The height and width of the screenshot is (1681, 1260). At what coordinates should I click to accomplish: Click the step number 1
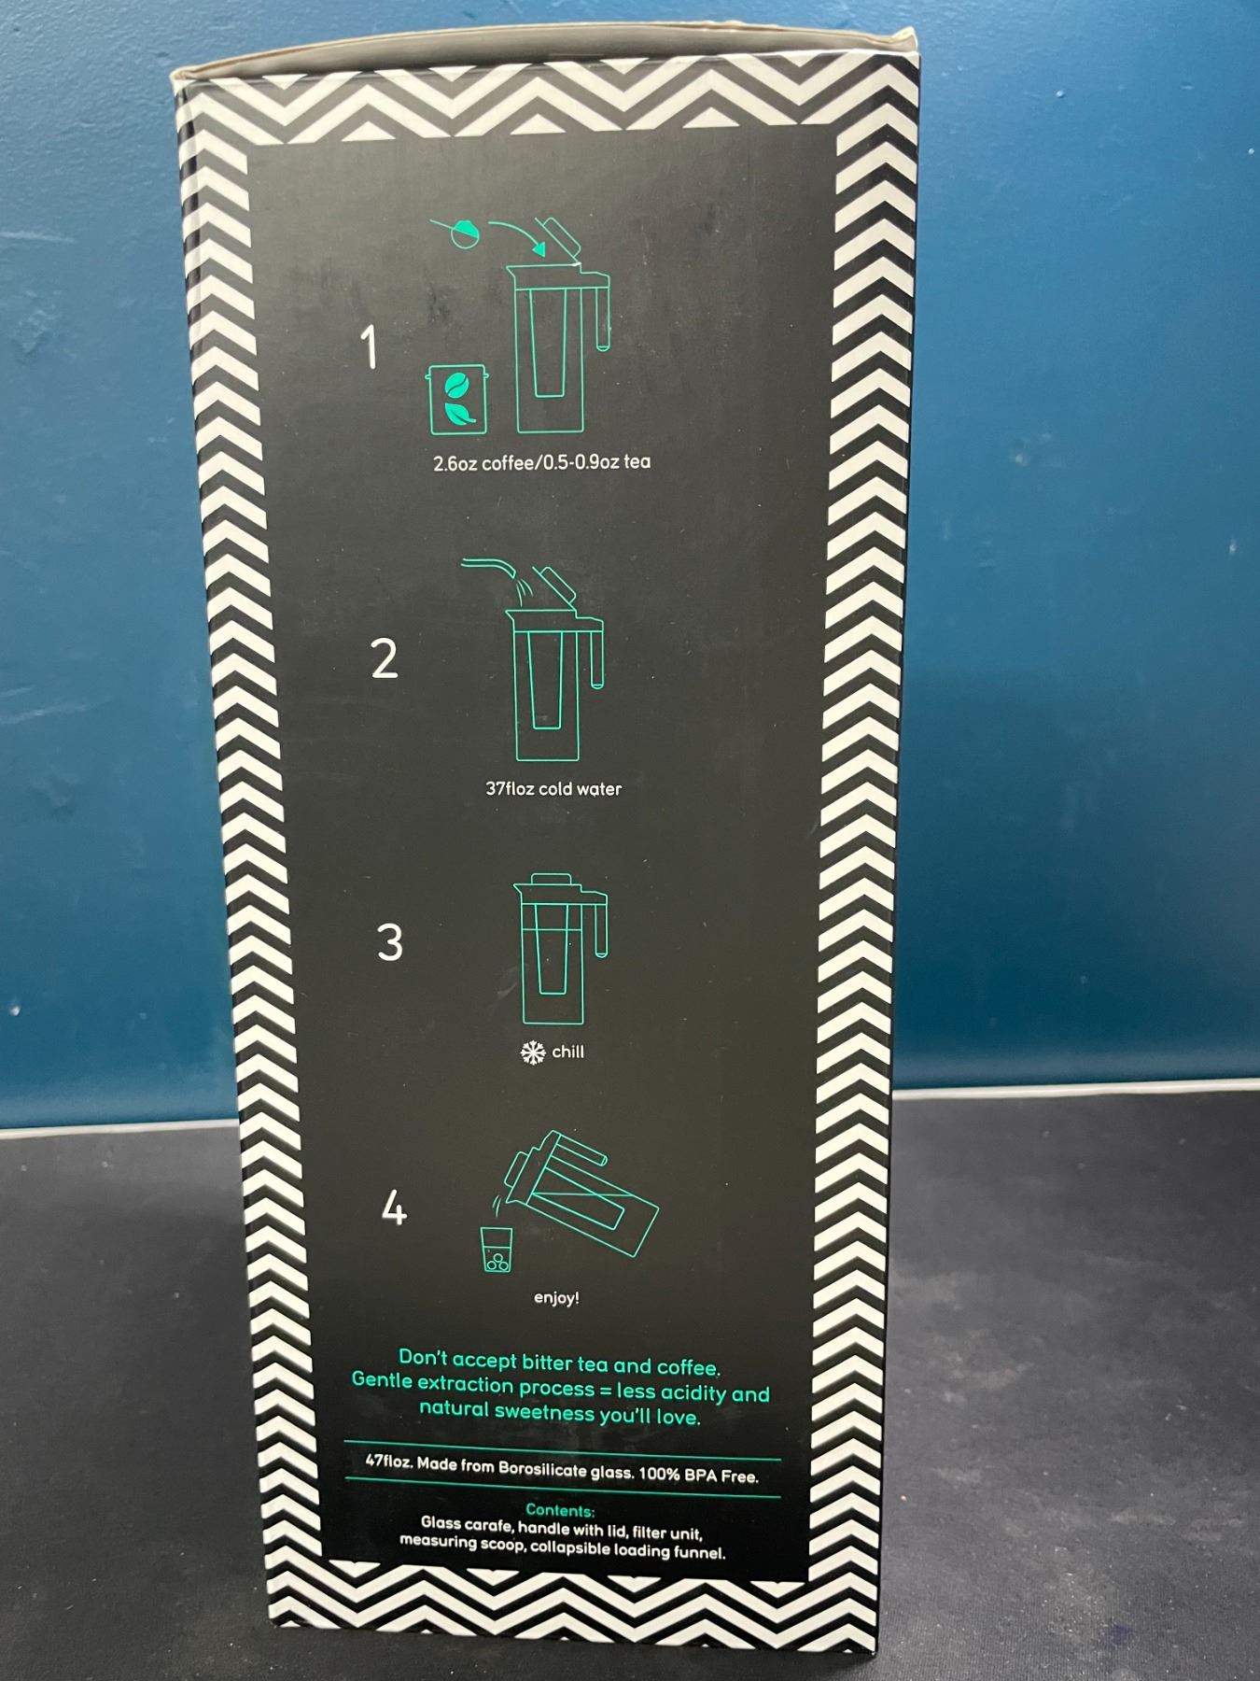tap(371, 347)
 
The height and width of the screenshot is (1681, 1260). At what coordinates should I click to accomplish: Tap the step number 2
tap(385, 658)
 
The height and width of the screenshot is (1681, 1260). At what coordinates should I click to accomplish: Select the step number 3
tap(390, 942)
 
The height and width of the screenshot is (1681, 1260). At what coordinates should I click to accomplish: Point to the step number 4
tap(395, 1208)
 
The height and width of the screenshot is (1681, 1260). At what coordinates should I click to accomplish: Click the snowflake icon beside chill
tap(533, 1052)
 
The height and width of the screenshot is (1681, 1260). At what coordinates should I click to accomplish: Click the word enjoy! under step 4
tap(556, 1298)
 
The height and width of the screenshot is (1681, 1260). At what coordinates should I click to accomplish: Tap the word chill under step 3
tap(567, 1052)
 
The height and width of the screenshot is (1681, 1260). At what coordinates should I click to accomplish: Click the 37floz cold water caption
tap(553, 788)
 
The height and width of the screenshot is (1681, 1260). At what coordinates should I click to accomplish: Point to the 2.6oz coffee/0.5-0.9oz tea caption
tap(542, 462)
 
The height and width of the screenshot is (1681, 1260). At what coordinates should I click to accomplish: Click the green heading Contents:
tap(560, 1510)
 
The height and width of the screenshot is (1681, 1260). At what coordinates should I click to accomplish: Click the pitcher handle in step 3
tap(598, 924)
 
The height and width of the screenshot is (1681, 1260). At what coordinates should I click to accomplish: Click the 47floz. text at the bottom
tap(389, 1461)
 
